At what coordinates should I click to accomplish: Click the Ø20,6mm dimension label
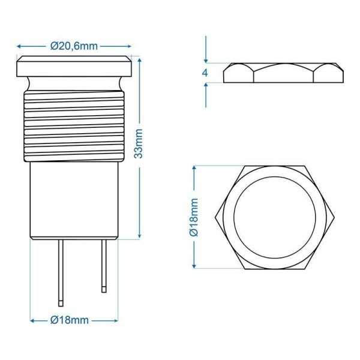[x=74, y=46]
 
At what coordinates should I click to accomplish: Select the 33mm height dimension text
[x=139, y=144]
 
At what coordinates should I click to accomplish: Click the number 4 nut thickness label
[x=206, y=73]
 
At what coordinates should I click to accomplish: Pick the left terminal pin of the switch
[x=61, y=270]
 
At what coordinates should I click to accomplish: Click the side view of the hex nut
[x=285, y=73]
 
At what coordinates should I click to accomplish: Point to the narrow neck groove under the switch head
[x=75, y=82]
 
